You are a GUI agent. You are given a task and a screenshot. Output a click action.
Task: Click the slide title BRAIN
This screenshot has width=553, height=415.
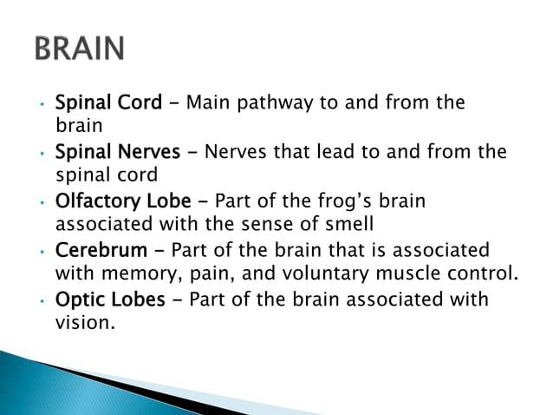click(80, 49)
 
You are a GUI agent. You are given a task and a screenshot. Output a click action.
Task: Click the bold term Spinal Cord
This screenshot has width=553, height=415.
click(108, 103)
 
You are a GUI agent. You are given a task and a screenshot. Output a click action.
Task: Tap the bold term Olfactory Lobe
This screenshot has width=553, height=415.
click(123, 201)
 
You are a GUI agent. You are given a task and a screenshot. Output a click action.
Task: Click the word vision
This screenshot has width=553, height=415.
click(80, 324)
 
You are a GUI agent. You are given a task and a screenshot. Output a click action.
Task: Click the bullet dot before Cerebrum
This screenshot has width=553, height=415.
click(41, 254)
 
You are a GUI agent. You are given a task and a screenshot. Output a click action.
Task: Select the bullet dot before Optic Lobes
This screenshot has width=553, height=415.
click(41, 303)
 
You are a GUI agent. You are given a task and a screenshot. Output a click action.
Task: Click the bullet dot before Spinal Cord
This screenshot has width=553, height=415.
click(41, 107)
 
